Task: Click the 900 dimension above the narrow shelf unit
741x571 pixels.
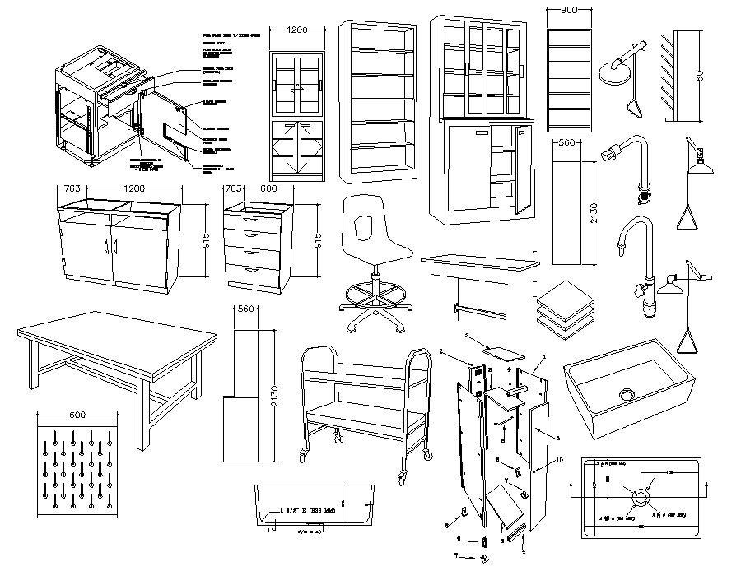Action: (x=568, y=10)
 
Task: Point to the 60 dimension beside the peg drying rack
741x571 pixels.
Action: (x=699, y=77)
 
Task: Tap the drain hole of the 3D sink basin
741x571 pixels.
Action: (x=627, y=393)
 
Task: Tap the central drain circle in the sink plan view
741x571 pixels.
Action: (x=639, y=496)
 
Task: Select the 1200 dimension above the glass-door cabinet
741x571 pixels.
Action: (x=297, y=30)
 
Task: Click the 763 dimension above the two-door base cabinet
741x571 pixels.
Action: (x=72, y=188)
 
